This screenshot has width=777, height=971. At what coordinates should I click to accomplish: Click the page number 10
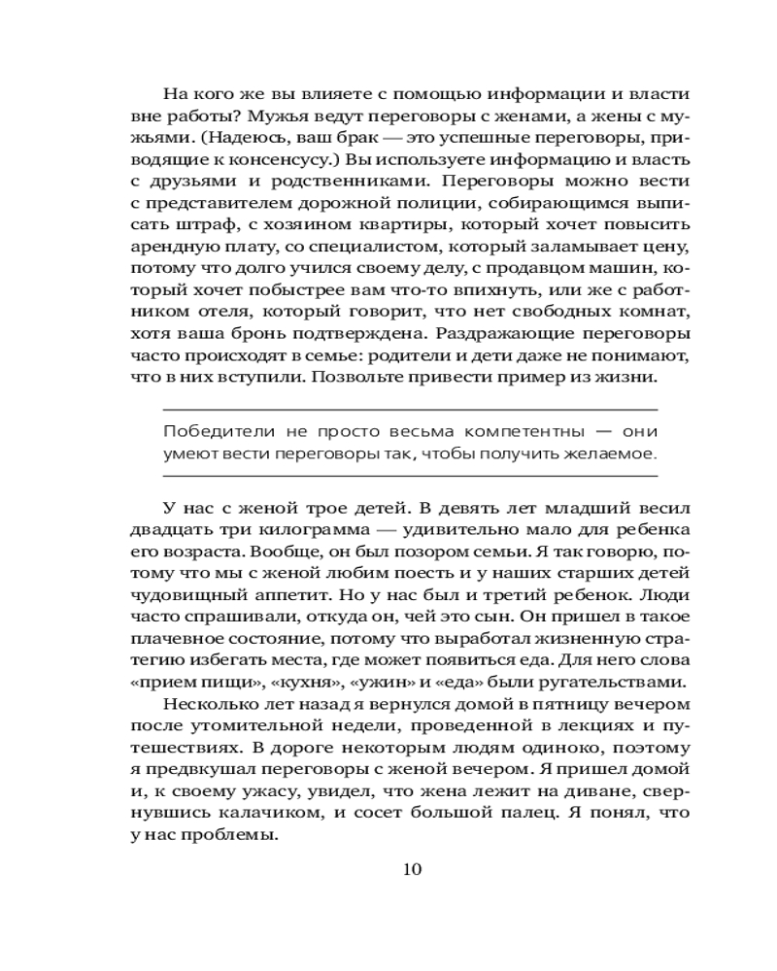coord(411,868)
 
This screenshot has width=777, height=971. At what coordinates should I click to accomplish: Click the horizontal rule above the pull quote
coord(408,409)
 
